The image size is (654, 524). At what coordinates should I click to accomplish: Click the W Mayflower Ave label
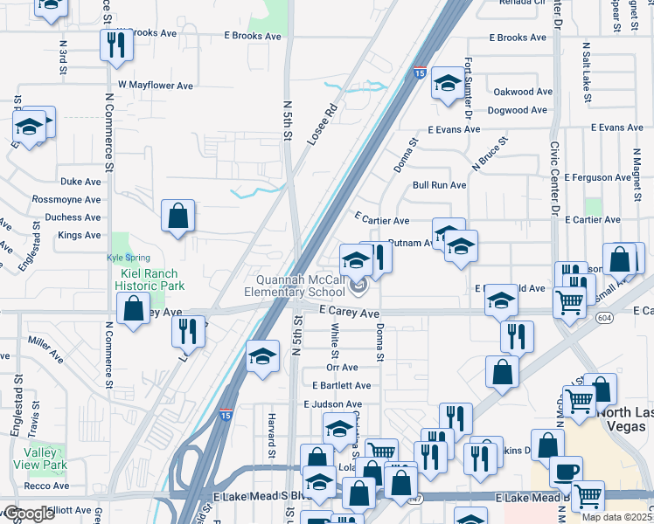click(x=156, y=86)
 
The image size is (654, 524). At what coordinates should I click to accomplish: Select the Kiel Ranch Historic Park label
click(x=151, y=279)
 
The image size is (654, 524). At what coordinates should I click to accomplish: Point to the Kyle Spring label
click(x=129, y=258)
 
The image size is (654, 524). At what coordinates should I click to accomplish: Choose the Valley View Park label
click(x=41, y=458)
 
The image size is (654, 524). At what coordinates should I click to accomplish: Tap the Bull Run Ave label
click(x=439, y=185)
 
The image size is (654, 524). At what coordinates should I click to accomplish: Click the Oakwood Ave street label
click(x=523, y=92)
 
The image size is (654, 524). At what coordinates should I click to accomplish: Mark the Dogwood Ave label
click(x=520, y=110)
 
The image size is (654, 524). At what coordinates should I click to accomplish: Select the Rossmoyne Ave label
click(x=68, y=200)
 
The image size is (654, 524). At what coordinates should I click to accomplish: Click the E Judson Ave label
click(x=332, y=404)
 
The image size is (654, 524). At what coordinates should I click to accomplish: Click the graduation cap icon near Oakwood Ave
click(x=448, y=84)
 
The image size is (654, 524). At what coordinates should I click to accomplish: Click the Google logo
click(x=29, y=514)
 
